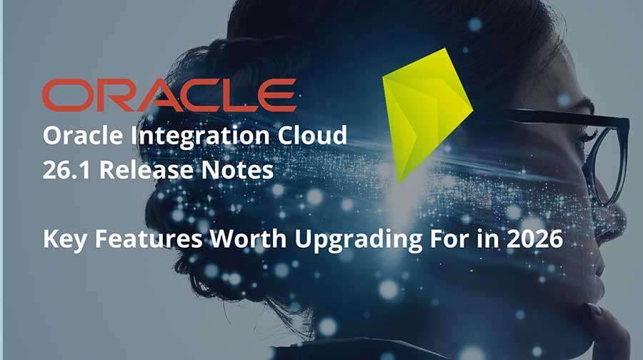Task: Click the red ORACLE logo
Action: tap(169, 96)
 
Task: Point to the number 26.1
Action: tap(63, 172)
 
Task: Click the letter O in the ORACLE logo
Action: tap(64, 96)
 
